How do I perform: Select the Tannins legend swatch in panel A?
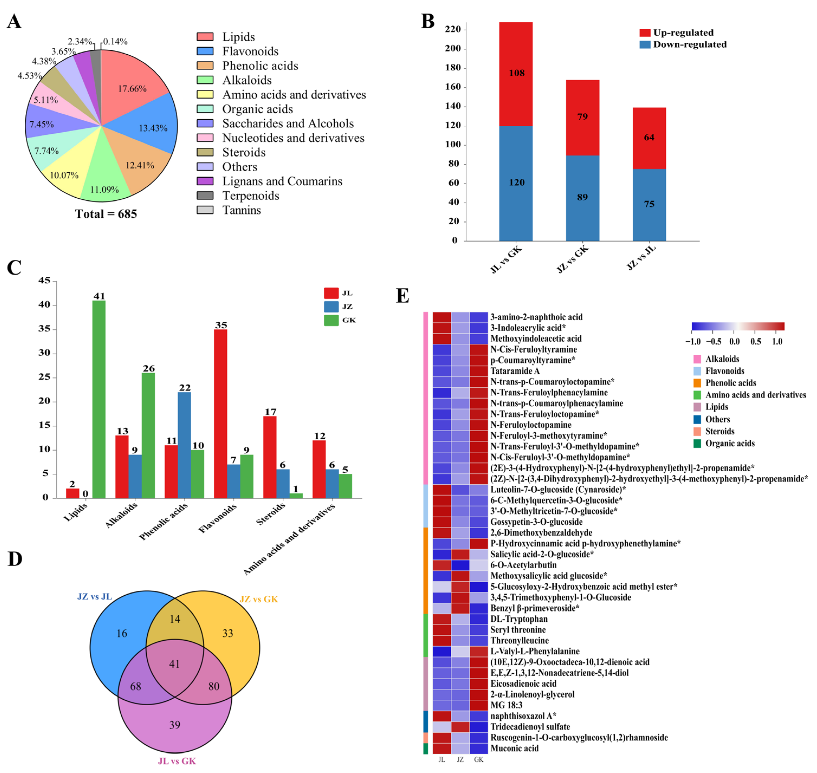205,210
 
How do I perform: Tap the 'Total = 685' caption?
106,214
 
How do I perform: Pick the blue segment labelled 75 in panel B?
649,205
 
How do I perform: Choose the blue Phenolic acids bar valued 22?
184,445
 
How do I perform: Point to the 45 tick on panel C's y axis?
44,281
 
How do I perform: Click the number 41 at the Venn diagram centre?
175,664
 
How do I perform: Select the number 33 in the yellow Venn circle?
228,633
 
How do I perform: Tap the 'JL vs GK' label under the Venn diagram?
177,761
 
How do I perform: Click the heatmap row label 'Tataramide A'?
515,371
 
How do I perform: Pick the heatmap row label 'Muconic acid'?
514,748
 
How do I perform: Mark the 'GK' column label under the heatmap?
478,759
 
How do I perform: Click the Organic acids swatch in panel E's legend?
697,443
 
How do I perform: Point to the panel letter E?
402,296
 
